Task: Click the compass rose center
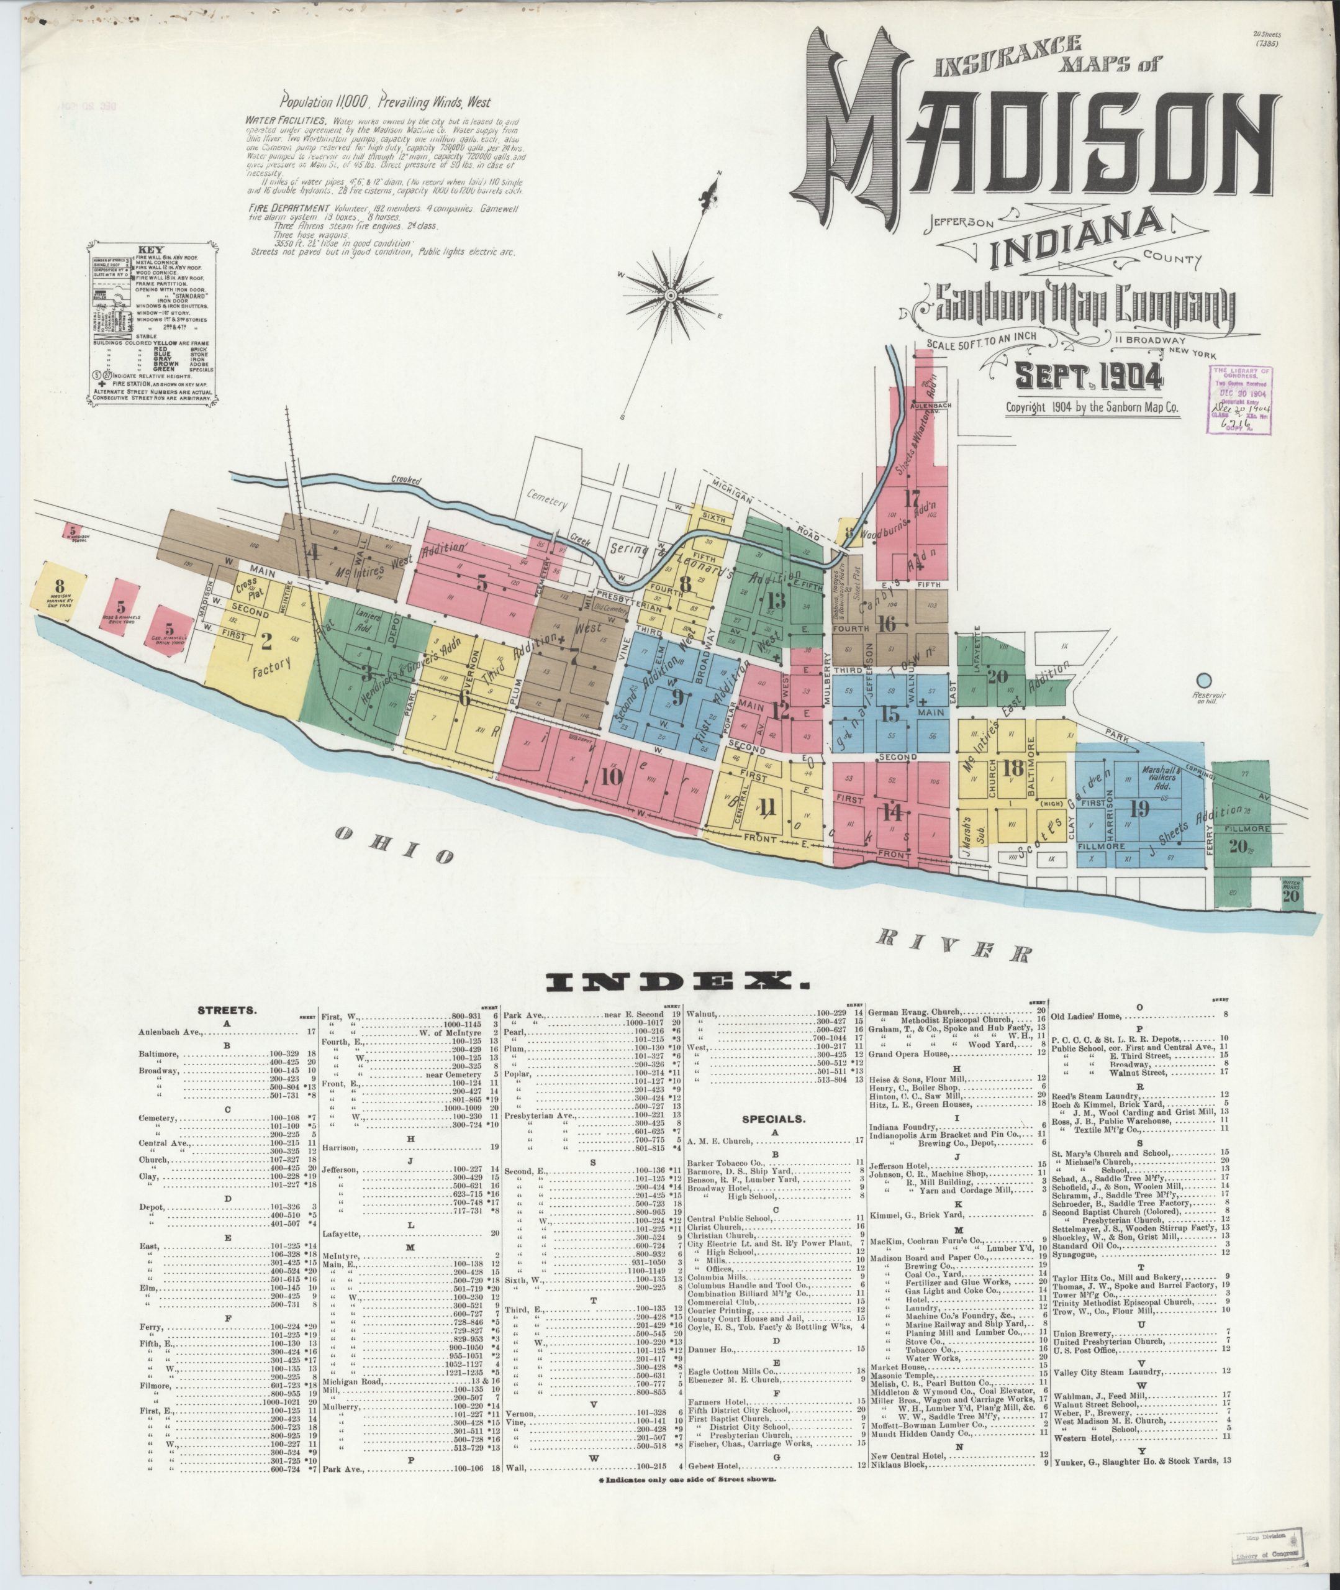pyautogui.click(x=671, y=294)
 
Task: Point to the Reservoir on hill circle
pyautogui.click(x=1203, y=681)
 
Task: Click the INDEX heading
pyautogui.click(x=674, y=983)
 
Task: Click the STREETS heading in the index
pyautogui.click(x=227, y=1011)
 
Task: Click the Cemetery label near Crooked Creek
pyautogui.click(x=547, y=501)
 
